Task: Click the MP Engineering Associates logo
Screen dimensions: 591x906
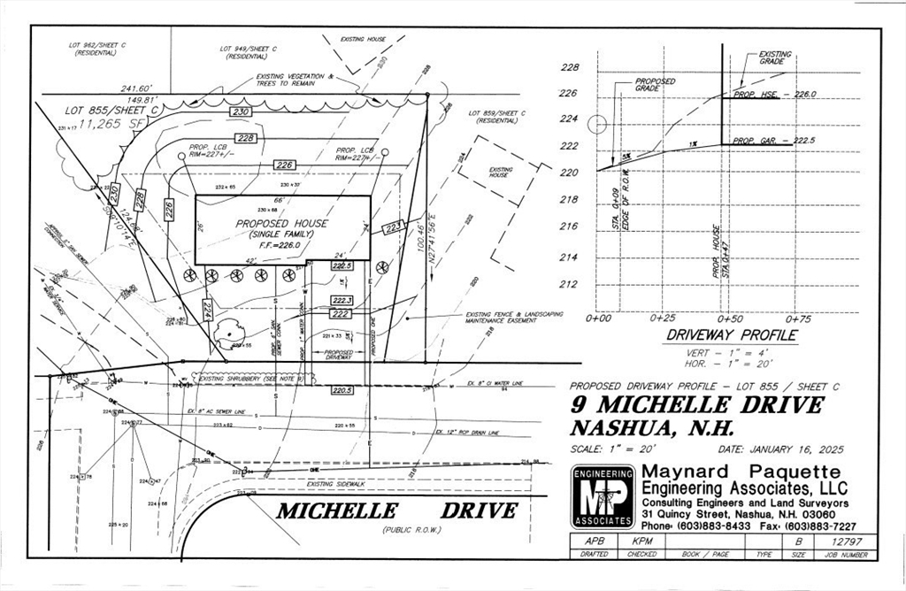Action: pos(603,497)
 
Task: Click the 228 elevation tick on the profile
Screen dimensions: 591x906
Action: pos(571,68)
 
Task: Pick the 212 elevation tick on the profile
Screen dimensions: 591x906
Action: pos(571,284)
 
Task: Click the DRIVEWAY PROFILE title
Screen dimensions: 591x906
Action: pos(731,336)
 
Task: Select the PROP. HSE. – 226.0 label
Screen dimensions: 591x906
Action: pos(775,94)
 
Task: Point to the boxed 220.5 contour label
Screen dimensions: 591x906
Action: pos(342,389)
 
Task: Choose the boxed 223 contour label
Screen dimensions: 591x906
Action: pos(394,227)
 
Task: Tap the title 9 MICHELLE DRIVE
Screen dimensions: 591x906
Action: pos(696,405)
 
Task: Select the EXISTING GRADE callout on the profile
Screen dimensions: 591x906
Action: pos(775,58)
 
